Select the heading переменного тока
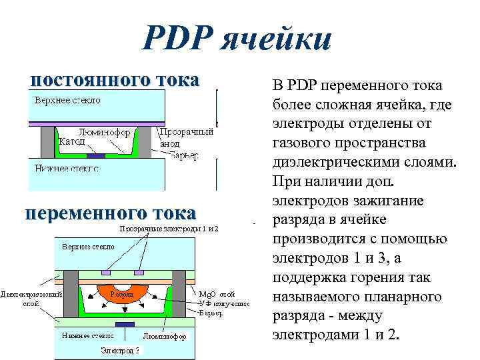pyautogui.click(x=110, y=213)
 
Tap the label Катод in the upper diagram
pyautogui.click(x=72, y=142)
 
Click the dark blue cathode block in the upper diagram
pyautogui.click(x=97, y=155)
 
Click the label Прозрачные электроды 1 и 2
pyautogui.click(x=169, y=229)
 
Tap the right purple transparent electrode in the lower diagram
pyautogui.click(x=139, y=273)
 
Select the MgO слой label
pyautogui.click(x=217, y=293)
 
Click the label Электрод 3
pyautogui.click(x=120, y=350)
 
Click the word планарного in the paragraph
pyautogui.click(x=399, y=295)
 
